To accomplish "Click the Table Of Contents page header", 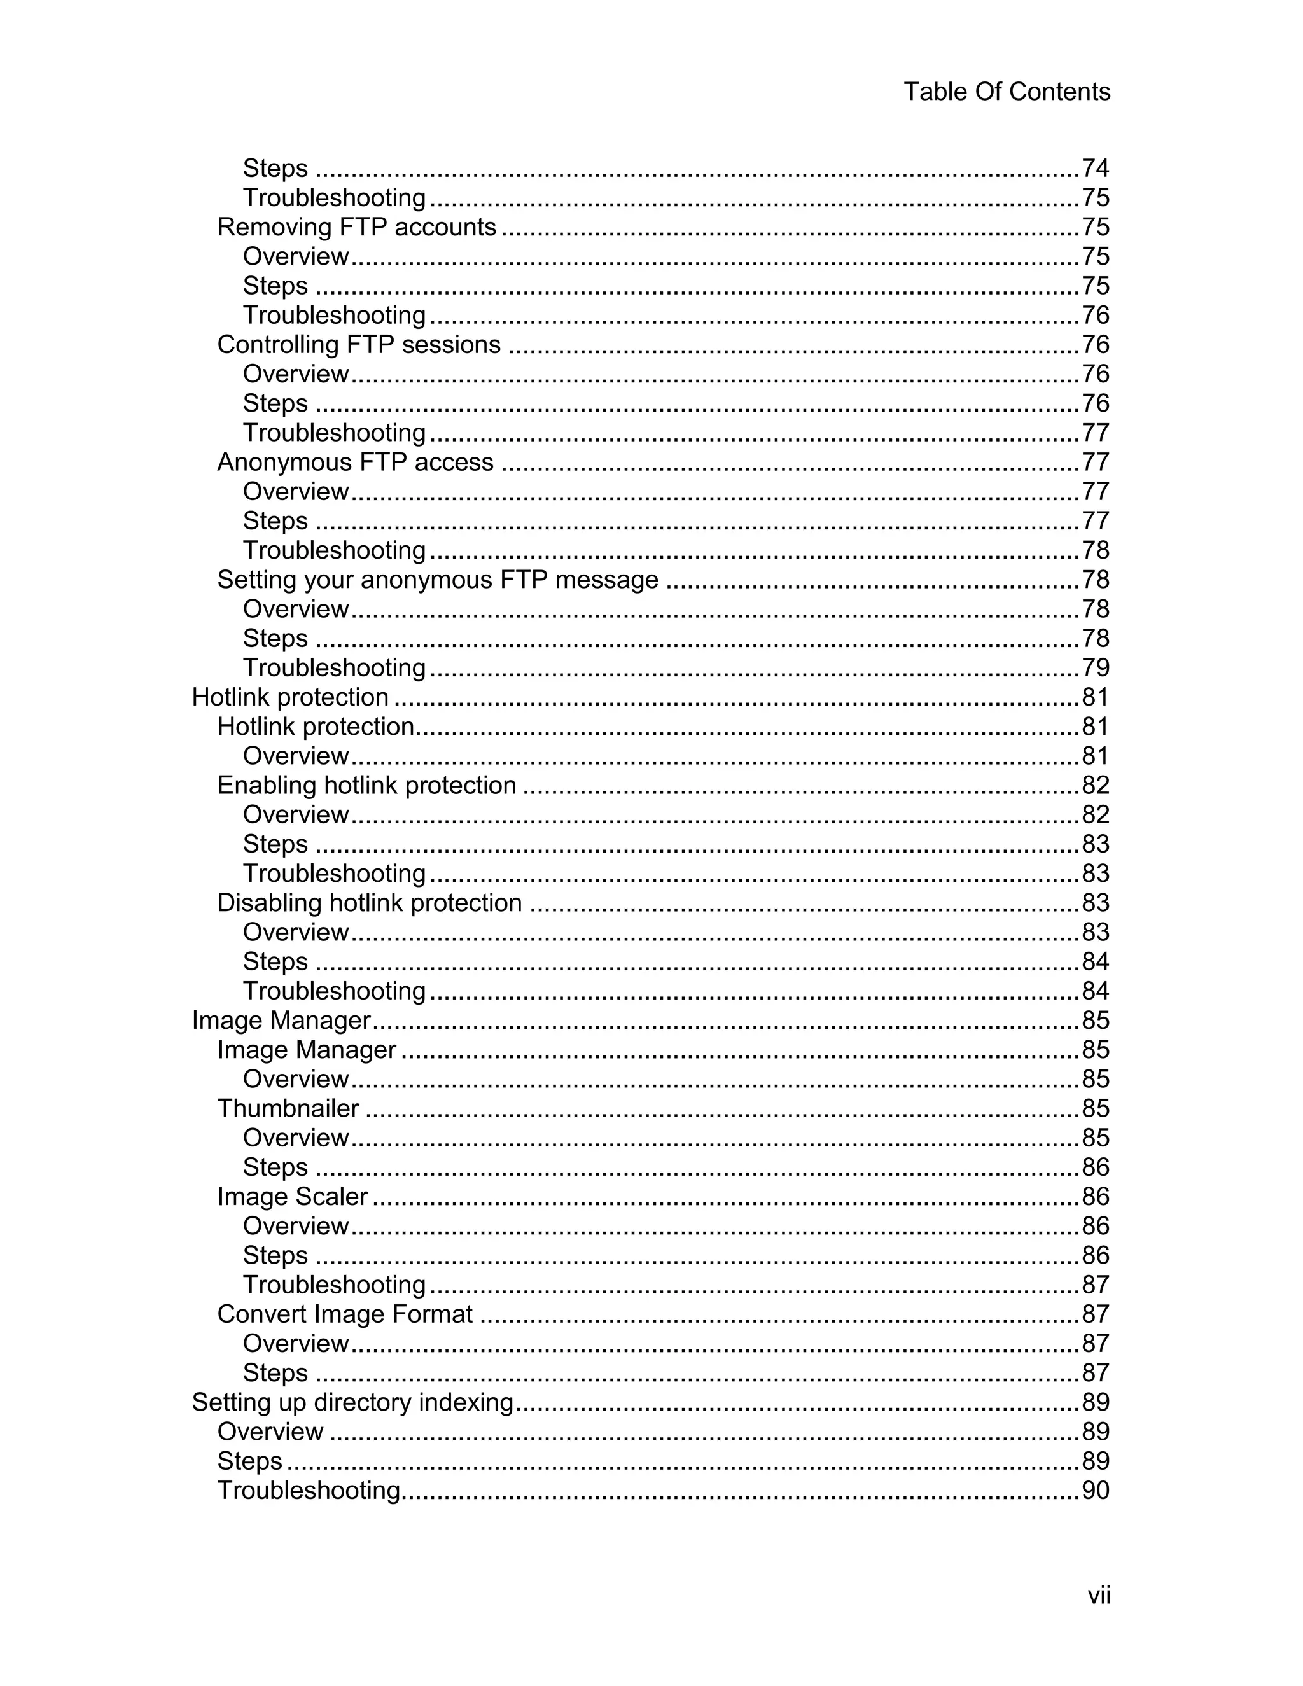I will (1007, 92).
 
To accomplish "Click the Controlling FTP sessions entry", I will (358, 344).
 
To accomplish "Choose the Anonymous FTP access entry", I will (355, 462).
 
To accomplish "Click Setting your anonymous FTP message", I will (438, 579).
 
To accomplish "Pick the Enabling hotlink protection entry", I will (366, 785).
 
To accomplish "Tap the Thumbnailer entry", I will (288, 1108).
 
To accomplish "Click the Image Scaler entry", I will (292, 1196).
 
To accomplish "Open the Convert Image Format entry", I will (344, 1314).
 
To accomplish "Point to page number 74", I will (1094, 169).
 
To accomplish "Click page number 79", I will (1094, 668).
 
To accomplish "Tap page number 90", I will (1094, 1490).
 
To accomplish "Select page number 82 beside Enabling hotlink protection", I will (1094, 785).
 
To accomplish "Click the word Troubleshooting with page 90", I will (308, 1490).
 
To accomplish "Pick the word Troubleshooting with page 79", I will (333, 668).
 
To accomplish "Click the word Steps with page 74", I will (275, 169).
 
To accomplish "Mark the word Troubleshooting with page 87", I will (333, 1285).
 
